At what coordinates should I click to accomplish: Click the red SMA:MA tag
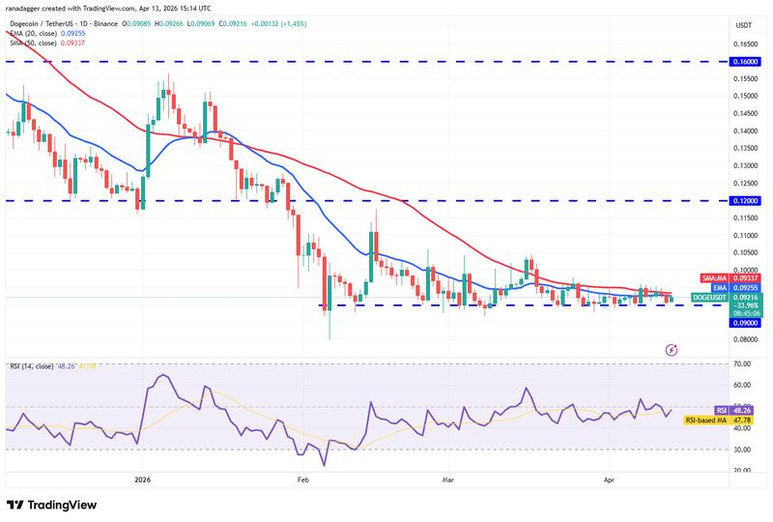713,277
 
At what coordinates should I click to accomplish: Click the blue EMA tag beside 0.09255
717,287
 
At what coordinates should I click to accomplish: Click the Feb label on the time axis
302,479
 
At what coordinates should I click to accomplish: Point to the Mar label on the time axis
447,479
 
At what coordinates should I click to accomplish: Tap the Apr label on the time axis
608,479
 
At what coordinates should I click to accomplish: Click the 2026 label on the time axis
143,479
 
